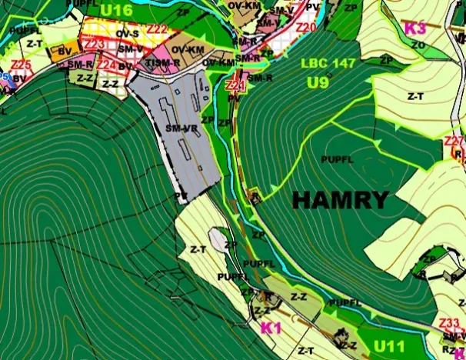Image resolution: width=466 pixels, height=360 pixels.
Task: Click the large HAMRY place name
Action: pyautogui.click(x=340, y=201)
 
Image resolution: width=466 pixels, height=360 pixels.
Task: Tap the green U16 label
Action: pyautogui.click(x=116, y=9)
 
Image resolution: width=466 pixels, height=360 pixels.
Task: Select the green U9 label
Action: pyautogui.click(x=318, y=82)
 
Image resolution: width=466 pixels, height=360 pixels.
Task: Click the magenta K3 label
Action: pyautogui.click(x=414, y=28)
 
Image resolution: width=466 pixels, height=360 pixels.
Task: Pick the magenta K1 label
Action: pyautogui.click(x=271, y=328)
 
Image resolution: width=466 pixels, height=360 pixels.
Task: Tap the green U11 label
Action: pyautogui.click(x=389, y=346)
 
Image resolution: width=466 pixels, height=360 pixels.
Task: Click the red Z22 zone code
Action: pyautogui.click(x=157, y=29)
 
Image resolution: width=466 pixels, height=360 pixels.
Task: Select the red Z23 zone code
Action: pyautogui.click(x=95, y=45)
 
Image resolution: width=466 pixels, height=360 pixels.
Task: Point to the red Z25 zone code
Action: pyautogui.click(x=21, y=65)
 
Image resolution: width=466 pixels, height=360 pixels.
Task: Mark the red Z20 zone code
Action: pyautogui.click(x=305, y=28)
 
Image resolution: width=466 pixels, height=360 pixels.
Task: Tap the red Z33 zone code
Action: pyautogui.click(x=450, y=322)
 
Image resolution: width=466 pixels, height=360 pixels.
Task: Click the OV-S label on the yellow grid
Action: pyautogui.click(x=128, y=35)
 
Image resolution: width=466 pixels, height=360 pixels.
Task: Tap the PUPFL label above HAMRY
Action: pyautogui.click(x=336, y=159)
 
